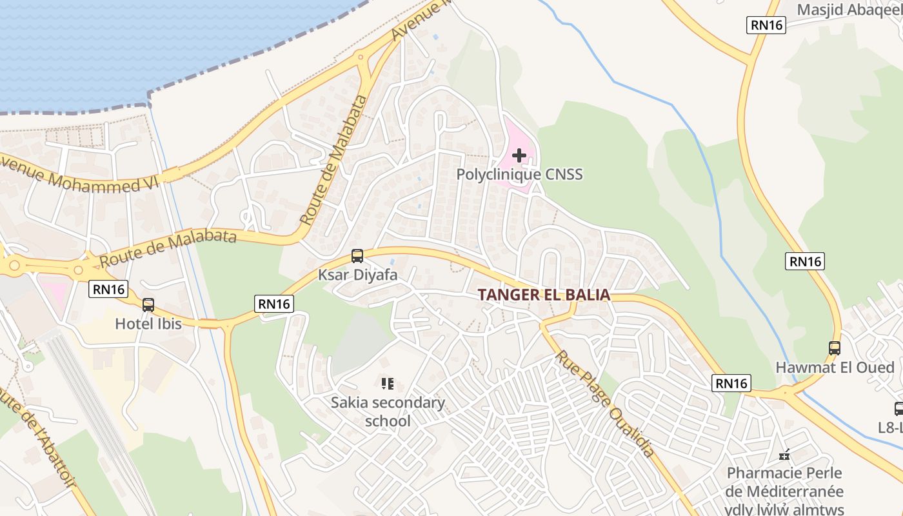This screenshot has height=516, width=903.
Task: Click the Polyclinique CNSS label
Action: [x=519, y=174]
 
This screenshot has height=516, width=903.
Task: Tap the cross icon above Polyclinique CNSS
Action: [x=519, y=155]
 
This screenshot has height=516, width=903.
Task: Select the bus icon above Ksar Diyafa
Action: [x=357, y=256]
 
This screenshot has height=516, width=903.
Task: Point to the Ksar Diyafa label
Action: [x=357, y=275]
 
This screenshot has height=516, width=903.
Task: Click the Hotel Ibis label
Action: [x=148, y=323]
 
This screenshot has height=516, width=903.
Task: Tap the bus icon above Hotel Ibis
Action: [x=148, y=305]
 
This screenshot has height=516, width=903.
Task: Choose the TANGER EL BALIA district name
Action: [x=544, y=295]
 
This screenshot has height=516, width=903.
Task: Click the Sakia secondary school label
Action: [x=388, y=412]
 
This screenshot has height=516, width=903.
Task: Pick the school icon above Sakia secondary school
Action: [x=388, y=384]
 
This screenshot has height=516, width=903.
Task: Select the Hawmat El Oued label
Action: [x=835, y=368]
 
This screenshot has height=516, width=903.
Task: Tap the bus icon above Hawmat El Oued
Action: [x=835, y=348]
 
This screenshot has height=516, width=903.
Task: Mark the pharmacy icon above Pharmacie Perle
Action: [x=784, y=455]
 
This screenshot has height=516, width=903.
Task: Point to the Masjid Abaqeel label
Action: [x=849, y=10]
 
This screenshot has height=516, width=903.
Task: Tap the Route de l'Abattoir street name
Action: [x=39, y=445]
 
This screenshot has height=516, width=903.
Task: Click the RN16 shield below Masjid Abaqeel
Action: [x=766, y=25]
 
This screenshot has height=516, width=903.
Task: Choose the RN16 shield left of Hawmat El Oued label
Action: [x=731, y=383]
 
